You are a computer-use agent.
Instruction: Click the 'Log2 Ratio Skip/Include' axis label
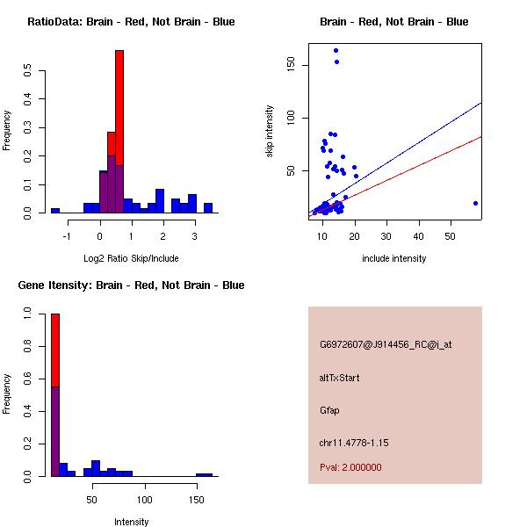tap(131, 257)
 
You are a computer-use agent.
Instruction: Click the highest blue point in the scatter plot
tap(336, 51)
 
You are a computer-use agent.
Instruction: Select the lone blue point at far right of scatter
tap(475, 203)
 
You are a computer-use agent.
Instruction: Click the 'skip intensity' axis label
tap(270, 133)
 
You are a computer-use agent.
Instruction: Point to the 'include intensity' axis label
tap(393, 257)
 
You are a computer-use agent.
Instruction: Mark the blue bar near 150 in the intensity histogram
tap(204, 474)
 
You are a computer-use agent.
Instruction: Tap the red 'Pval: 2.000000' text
tap(350, 467)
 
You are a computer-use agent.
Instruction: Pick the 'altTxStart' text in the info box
tap(339, 378)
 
